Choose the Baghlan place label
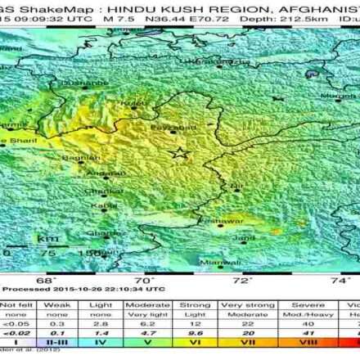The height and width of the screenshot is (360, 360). [x=85, y=156]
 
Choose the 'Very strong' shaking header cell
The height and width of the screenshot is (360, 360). [x=243, y=304]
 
